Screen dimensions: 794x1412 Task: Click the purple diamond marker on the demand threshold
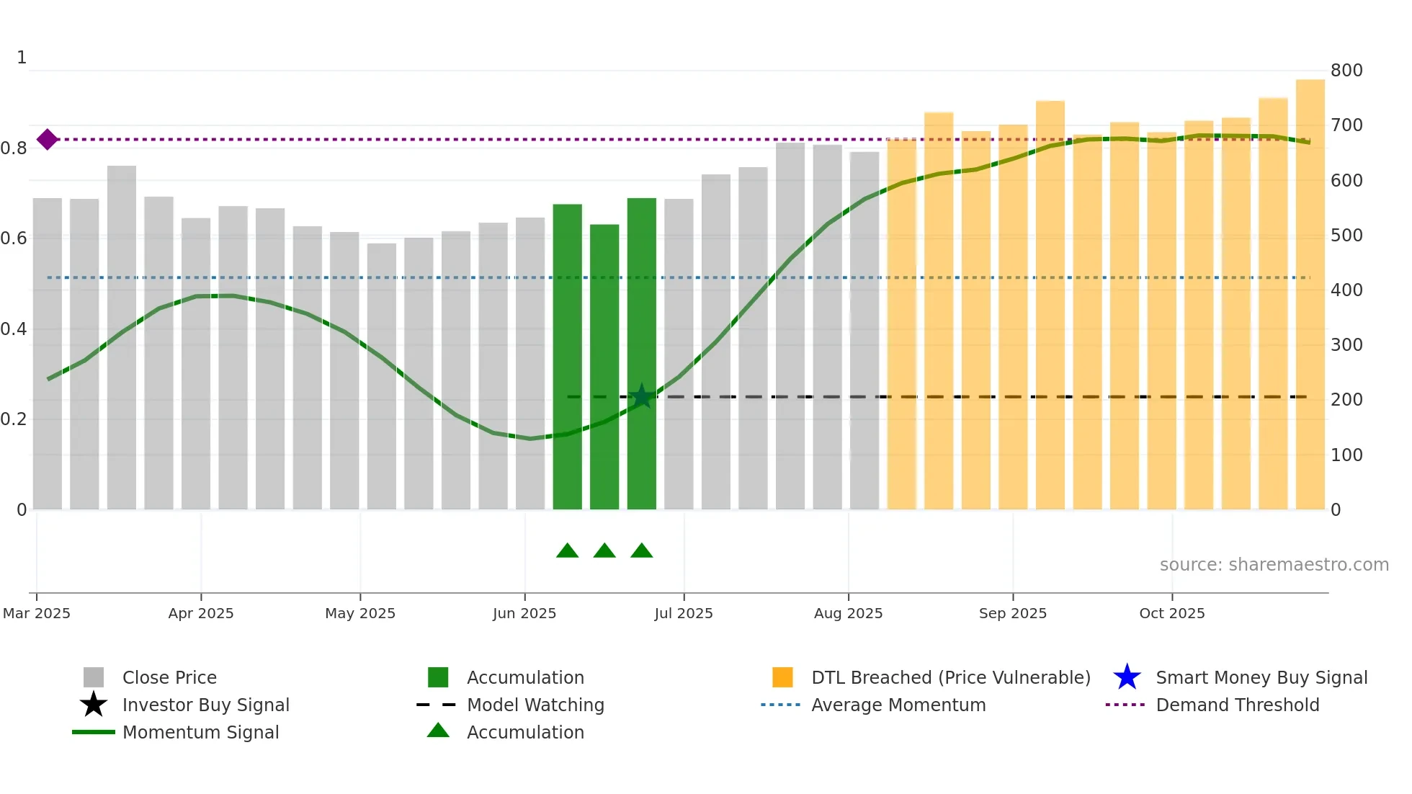[x=48, y=139]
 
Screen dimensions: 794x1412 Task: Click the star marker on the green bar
[x=641, y=396]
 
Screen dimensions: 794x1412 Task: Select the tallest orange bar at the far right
[x=1310, y=295]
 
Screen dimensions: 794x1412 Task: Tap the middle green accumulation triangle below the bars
[x=604, y=551]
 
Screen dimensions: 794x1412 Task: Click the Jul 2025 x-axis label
[x=683, y=613]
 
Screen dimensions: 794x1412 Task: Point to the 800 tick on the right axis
[x=1346, y=71]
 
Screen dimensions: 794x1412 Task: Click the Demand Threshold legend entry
[x=1237, y=705]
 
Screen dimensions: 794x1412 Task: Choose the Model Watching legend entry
[x=535, y=705]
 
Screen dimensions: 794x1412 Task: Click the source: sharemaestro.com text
[x=1274, y=565]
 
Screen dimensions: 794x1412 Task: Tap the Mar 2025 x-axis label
[x=37, y=613]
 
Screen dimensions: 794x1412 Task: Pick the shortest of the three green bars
[x=604, y=367]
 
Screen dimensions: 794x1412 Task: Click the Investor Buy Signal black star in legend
[x=94, y=705]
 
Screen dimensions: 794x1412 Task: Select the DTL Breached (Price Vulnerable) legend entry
[x=950, y=677]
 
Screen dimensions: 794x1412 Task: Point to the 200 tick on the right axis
[x=1346, y=400]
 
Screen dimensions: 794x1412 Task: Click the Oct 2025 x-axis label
[x=1171, y=613]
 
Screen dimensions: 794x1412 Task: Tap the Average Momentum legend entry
[x=898, y=705]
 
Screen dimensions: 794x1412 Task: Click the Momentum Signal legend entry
[x=200, y=732]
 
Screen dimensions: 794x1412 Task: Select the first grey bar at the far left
[x=48, y=353]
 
